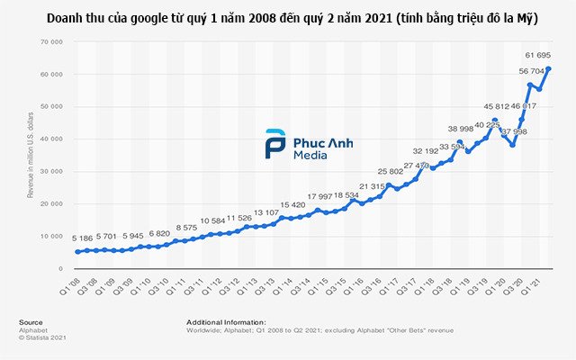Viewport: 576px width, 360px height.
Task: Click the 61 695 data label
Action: click(537, 56)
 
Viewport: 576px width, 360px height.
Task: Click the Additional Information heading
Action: click(226, 321)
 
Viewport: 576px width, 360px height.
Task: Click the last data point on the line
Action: click(549, 69)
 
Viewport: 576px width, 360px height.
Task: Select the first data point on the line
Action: click(77, 252)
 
